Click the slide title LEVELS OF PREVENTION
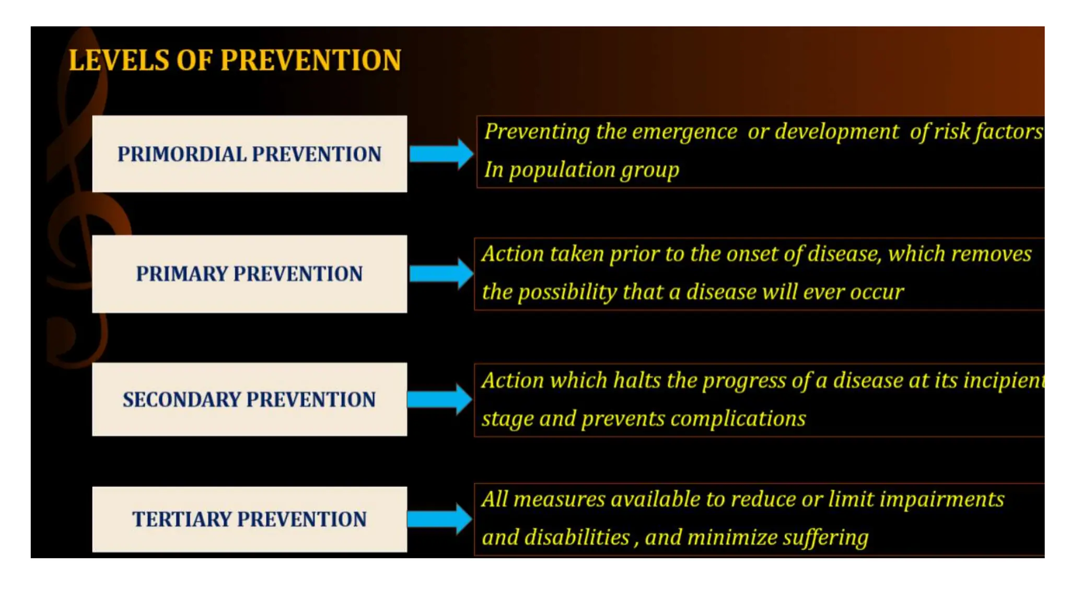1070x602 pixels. pos(235,60)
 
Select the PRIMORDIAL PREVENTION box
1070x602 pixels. pos(249,154)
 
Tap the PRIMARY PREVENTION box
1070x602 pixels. pos(249,273)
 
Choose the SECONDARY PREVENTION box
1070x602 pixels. pos(249,399)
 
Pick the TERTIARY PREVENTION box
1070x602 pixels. pos(249,519)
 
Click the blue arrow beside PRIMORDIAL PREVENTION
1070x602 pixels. pos(441,154)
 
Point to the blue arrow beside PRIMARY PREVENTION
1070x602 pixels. pos(441,273)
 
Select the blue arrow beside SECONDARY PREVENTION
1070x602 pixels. pos(439,399)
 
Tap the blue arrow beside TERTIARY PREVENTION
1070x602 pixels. pos(439,519)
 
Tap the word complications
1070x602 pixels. pos(738,419)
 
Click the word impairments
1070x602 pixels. pos(941,500)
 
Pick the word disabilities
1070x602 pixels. pos(577,538)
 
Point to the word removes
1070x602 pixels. pos(991,254)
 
